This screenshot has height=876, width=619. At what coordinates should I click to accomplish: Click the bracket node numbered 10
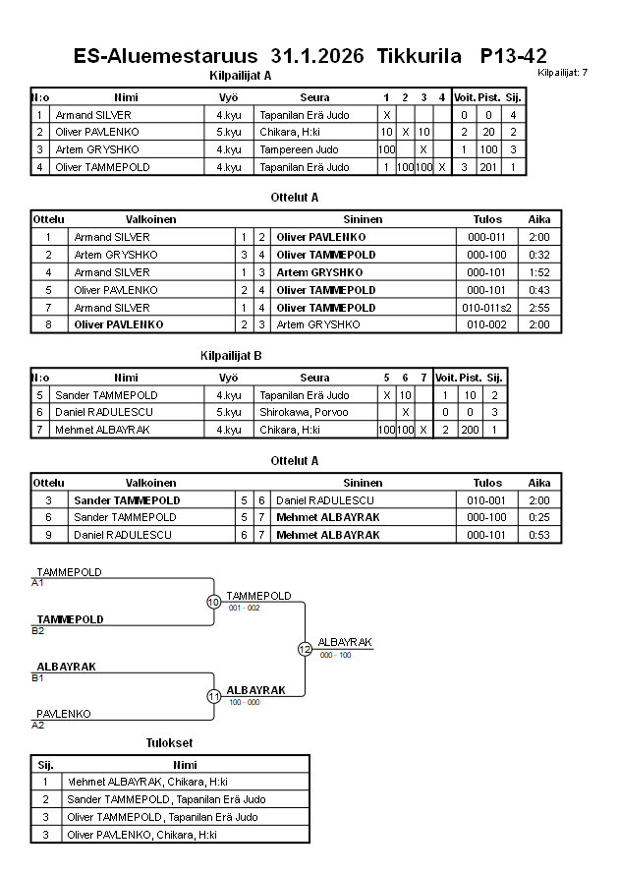213,602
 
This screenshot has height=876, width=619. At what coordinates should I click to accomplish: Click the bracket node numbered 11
213,696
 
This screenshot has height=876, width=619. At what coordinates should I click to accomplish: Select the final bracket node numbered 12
305,649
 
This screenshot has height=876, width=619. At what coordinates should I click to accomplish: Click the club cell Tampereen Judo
299,149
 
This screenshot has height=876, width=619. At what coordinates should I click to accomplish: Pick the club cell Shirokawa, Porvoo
306,412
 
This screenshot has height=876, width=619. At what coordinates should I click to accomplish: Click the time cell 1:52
539,272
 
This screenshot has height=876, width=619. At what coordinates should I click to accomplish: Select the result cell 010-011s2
487,308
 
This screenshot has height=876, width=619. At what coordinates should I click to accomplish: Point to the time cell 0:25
539,517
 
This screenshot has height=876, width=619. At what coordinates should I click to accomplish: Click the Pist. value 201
487,167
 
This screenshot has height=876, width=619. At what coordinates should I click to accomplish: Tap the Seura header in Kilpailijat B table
314,378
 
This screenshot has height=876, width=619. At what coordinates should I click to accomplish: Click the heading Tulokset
170,742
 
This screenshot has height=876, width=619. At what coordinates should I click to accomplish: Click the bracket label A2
38,725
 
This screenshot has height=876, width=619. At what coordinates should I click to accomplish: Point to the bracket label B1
38,677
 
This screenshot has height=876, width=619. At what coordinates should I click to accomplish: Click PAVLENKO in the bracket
64,714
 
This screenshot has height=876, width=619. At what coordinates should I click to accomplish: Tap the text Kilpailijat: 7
563,73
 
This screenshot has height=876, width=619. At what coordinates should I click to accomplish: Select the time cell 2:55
539,308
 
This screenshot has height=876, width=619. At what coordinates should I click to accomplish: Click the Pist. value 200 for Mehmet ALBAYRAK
470,430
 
